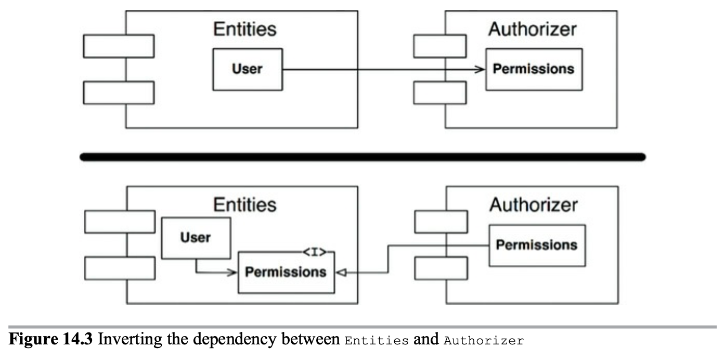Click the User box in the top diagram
click(248, 69)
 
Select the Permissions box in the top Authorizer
click(534, 69)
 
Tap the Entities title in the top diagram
click(244, 29)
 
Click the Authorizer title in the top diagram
click(533, 29)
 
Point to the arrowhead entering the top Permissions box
click(481, 69)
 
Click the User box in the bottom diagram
click(196, 238)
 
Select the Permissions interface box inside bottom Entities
click(286, 272)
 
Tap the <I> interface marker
click(315, 252)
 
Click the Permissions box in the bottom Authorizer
click(537, 245)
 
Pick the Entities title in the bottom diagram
click(244, 204)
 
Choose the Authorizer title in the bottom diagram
click(533, 204)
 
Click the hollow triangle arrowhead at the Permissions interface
click(340, 272)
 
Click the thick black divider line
click(363, 157)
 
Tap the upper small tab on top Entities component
click(119, 46)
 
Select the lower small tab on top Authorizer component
click(440, 93)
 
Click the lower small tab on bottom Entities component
click(120, 268)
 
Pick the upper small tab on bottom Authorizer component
click(441, 222)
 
